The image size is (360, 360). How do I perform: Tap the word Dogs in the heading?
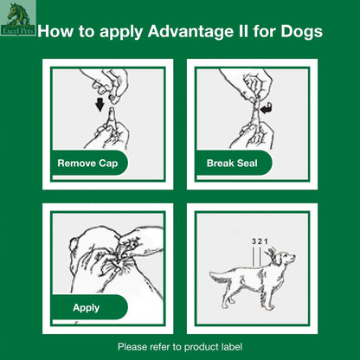pyautogui.click(x=302, y=33)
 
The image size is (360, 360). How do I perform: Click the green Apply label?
pyautogui.click(x=86, y=307)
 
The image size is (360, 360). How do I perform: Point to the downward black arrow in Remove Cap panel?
pyautogui.click(x=100, y=107)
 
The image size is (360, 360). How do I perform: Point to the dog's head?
pyautogui.click(x=284, y=259)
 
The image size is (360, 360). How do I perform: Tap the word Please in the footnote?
pyautogui.click(x=132, y=347)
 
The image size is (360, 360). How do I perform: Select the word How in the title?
pyautogui.click(x=56, y=33)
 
